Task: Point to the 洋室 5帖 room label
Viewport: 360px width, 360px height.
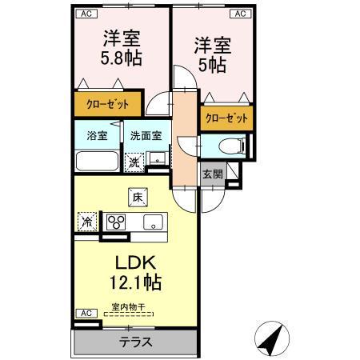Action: point(208,55)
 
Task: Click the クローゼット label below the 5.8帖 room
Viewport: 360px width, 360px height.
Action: point(107,103)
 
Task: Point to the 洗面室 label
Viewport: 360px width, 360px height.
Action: point(146,135)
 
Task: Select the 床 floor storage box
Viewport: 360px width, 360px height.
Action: point(137,194)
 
